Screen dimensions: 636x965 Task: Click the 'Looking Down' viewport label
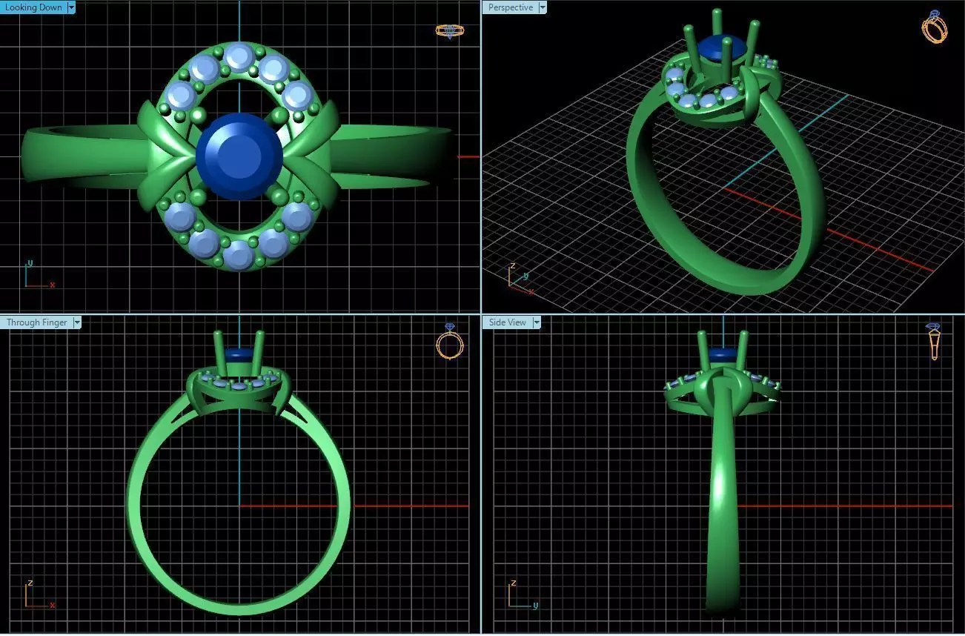[33, 7]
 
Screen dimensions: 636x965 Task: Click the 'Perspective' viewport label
[510, 7]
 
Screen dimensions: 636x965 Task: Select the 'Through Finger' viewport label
[36, 322]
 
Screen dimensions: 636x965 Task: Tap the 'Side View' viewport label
[507, 322]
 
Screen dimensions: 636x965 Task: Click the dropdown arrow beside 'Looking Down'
[71, 7]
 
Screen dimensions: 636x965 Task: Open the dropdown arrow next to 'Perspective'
[543, 7]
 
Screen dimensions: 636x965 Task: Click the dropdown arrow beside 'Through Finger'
[76, 322]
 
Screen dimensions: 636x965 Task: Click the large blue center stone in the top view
[239, 156]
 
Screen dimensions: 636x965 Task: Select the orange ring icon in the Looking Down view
[449, 30]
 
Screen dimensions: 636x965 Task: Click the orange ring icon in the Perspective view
[935, 27]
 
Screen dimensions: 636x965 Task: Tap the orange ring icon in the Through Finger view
[449, 342]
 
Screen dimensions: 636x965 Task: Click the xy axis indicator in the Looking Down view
[36, 276]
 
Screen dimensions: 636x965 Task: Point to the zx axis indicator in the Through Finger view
[37, 595]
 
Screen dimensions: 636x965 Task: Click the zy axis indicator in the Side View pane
[521, 595]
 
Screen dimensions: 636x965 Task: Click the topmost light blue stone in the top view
[239, 56]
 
